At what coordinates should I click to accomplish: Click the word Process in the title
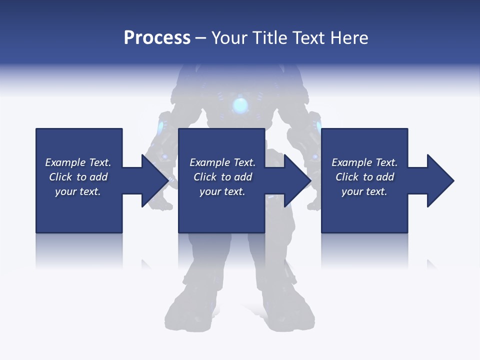157,38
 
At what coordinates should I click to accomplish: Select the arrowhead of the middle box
297,180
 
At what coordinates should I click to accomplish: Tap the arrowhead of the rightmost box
440,180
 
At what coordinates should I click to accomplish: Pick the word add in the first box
98,177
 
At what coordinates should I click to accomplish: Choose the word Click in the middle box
205,177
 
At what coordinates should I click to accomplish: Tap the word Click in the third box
347,177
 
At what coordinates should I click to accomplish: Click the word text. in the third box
376,192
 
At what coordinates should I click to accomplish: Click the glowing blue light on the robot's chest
240,105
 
